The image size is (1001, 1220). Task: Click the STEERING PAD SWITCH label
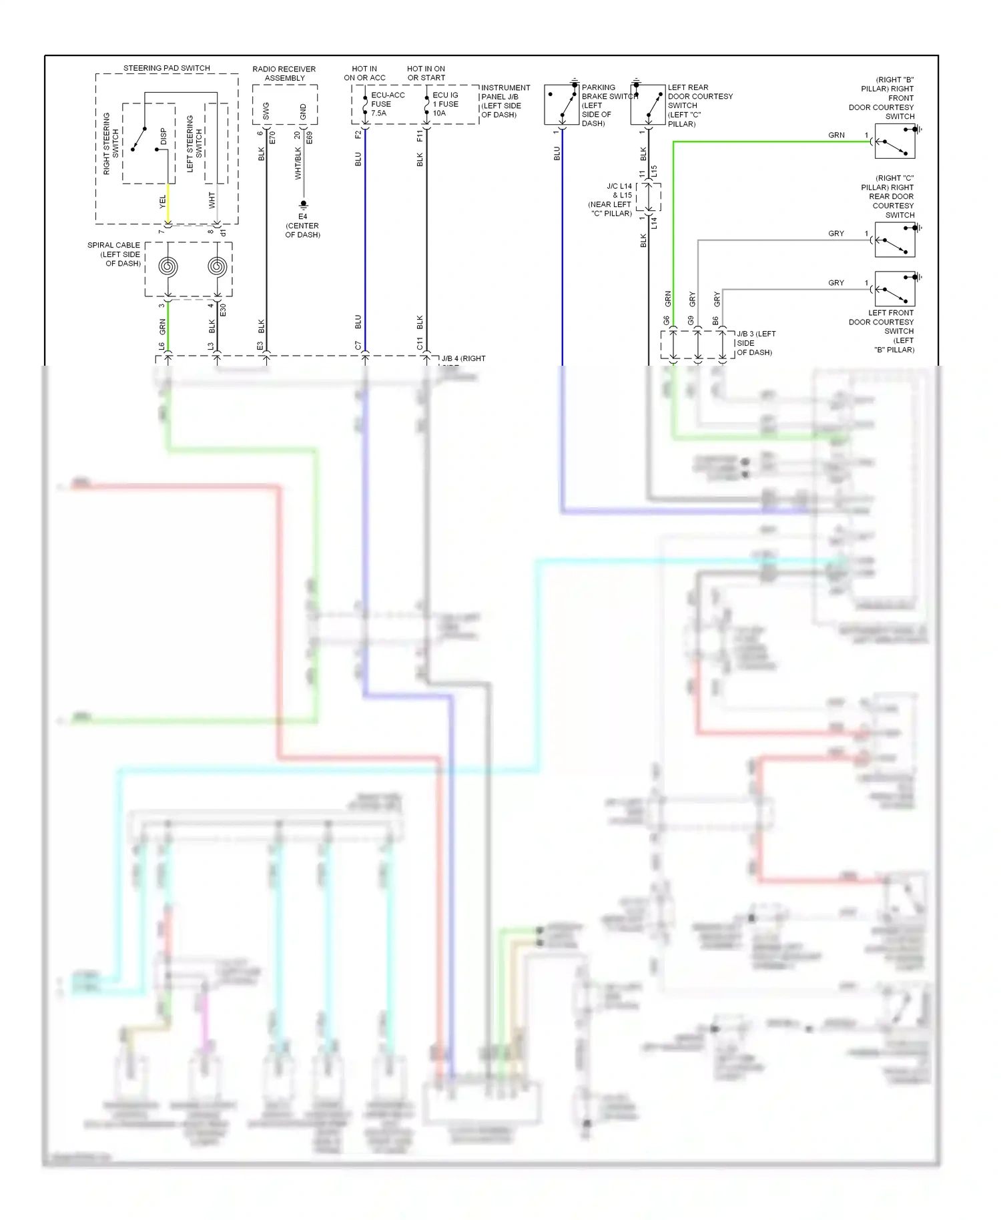166,68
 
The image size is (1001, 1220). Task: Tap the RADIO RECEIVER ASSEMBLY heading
284,73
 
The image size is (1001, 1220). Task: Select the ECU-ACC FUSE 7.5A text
387,104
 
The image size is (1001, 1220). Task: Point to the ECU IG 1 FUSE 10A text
446,104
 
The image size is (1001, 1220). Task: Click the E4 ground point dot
303,204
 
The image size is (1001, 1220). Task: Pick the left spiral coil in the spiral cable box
168,267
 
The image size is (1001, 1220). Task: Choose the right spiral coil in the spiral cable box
217,267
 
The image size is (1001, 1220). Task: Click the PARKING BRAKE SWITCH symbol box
561,105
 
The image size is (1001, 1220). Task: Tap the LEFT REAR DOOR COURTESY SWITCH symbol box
647,105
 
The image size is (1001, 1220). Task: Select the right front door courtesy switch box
894,141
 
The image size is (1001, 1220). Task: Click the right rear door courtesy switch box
894,240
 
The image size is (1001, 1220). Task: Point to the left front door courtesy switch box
894,289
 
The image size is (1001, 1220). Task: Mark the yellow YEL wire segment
168,204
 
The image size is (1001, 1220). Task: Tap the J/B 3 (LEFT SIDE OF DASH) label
755,343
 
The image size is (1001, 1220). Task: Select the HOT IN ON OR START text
426,73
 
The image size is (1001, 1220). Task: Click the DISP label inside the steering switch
163,136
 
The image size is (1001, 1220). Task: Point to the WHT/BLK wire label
298,164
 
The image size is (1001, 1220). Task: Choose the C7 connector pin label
358,345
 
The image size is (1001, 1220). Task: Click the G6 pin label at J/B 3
666,320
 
